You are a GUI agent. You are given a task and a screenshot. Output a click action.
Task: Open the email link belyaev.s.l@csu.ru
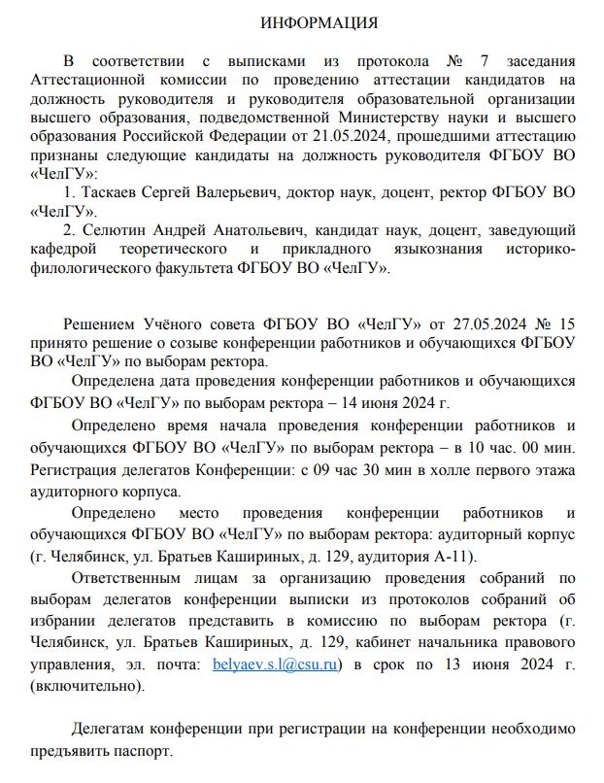274,664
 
